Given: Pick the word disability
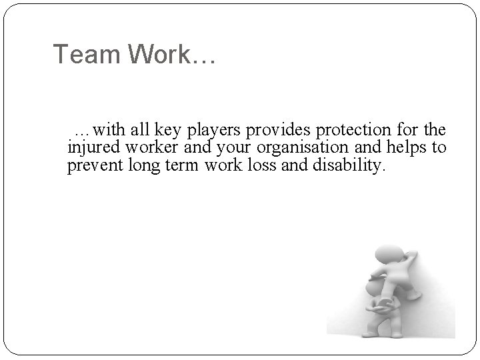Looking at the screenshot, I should click(348, 166).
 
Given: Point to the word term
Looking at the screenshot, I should click(179, 166).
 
